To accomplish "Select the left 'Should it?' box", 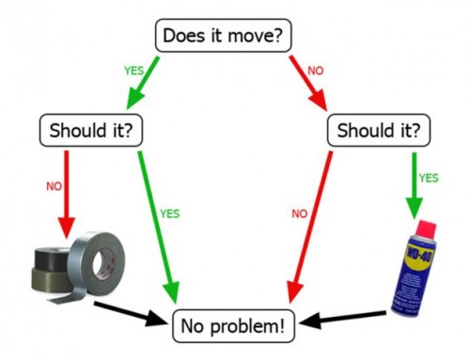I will [x=90, y=130].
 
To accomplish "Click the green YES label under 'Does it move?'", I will [x=133, y=70].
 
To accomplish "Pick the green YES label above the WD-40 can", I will [x=428, y=177].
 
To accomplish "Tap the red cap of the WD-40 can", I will [x=424, y=228].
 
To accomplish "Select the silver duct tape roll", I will [x=94, y=258].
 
